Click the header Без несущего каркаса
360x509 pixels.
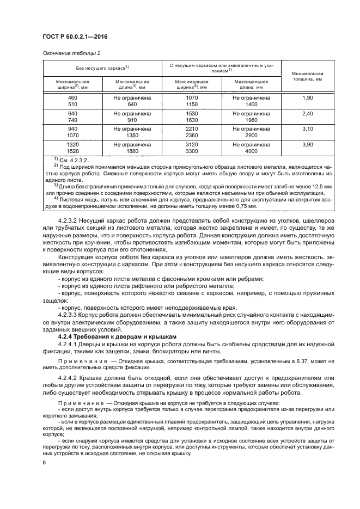[x=102, y=67]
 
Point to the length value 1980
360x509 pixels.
[x=251, y=120]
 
